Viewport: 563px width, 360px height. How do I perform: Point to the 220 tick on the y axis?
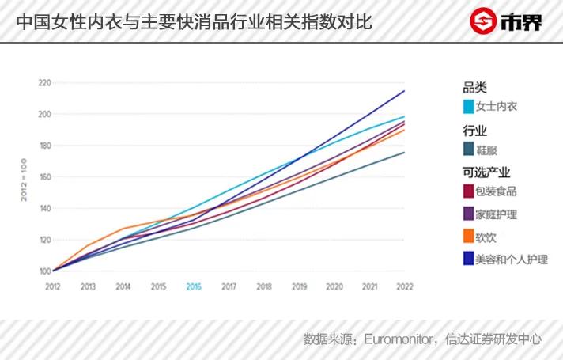tap(44, 83)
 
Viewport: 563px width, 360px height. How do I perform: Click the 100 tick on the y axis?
tap(44, 271)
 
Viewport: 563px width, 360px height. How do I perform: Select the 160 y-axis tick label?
tap(44, 177)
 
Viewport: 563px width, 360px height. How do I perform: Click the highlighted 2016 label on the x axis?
tap(194, 286)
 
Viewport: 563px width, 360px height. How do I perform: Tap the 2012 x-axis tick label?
tap(53, 286)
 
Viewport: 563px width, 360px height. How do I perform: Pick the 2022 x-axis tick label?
tap(405, 286)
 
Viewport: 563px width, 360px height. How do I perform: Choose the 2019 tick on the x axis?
tap(299, 286)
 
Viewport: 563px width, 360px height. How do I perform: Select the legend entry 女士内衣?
tap(496, 106)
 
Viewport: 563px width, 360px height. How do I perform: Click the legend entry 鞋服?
tap(486, 149)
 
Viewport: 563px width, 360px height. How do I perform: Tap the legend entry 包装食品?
tap(496, 191)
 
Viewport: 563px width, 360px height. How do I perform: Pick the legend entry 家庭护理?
tap(496, 214)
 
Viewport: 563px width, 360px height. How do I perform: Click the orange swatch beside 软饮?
tap(468, 236)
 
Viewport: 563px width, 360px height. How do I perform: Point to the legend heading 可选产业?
tap(486, 172)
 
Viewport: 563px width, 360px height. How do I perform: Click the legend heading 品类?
tap(474, 87)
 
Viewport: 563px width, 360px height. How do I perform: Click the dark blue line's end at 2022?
tap(404, 91)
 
